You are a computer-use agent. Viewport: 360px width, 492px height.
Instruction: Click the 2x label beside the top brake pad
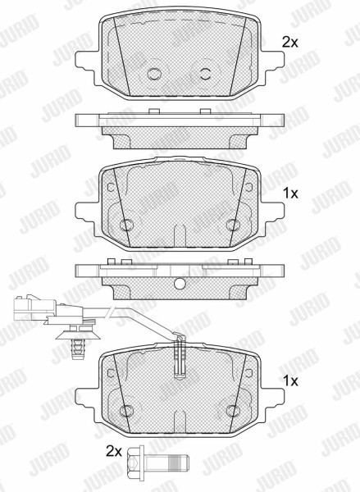[289, 43]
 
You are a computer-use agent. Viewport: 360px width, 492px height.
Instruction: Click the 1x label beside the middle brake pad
[290, 194]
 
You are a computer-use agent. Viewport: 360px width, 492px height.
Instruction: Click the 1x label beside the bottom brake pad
[290, 381]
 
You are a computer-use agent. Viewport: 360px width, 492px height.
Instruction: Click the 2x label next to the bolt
[114, 452]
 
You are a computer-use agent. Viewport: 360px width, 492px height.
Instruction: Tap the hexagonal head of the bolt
[135, 462]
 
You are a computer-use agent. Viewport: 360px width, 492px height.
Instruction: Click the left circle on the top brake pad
[154, 74]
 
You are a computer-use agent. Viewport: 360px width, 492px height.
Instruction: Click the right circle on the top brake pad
[206, 74]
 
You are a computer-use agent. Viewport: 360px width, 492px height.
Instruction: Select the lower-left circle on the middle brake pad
[127, 225]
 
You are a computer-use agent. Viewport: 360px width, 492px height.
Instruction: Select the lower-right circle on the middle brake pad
[233, 225]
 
